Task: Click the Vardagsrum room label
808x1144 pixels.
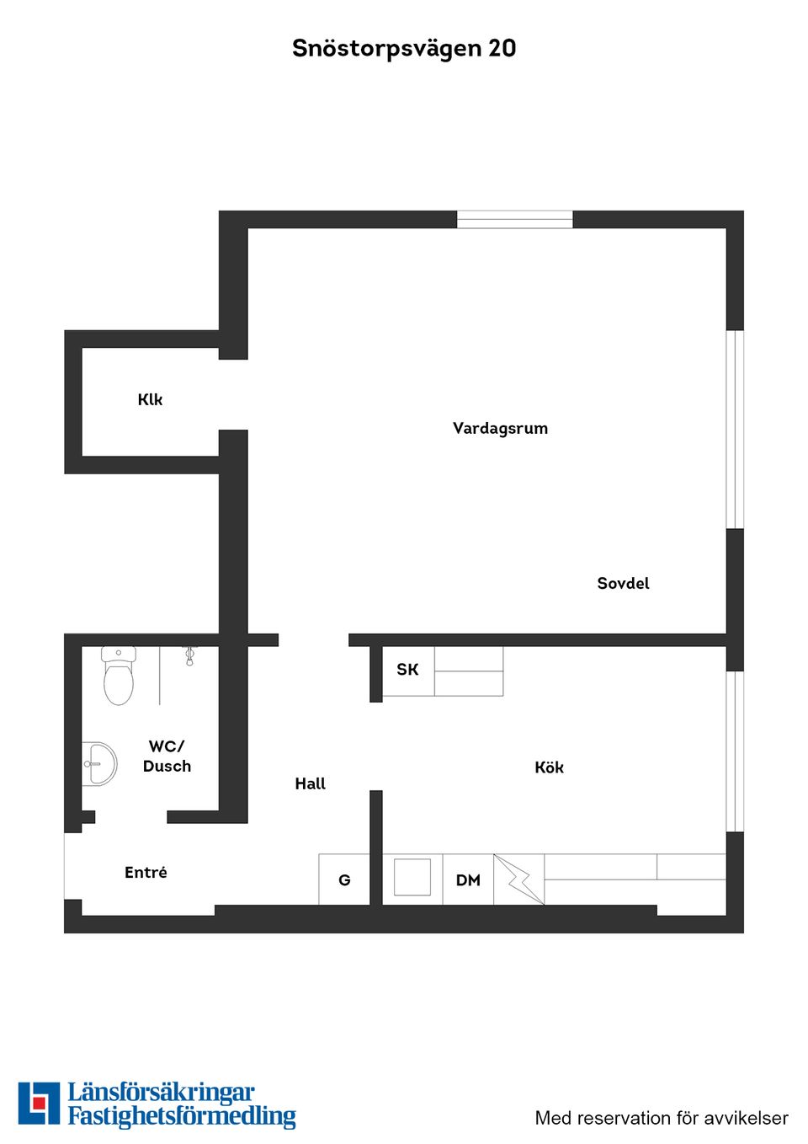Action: point(500,429)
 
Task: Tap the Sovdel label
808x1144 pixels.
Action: point(623,583)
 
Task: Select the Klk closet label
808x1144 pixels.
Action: point(150,399)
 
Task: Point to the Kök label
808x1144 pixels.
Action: point(549,767)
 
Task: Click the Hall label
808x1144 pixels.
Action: point(310,783)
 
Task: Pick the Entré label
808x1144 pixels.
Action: point(146,872)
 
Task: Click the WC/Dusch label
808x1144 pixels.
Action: point(167,756)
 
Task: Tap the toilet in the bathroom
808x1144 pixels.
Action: point(119,675)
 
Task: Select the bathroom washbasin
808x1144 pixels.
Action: point(99,764)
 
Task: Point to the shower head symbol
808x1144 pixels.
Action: point(189,656)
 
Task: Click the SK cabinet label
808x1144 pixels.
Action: point(407,670)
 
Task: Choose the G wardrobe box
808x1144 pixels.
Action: point(344,879)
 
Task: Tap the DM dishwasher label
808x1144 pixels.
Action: point(468,880)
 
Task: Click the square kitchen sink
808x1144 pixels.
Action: point(412,877)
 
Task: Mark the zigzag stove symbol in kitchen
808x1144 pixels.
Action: point(518,879)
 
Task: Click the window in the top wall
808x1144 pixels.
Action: point(515,220)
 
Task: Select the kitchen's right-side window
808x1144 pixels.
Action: point(735,751)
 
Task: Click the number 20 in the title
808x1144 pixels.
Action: point(502,49)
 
